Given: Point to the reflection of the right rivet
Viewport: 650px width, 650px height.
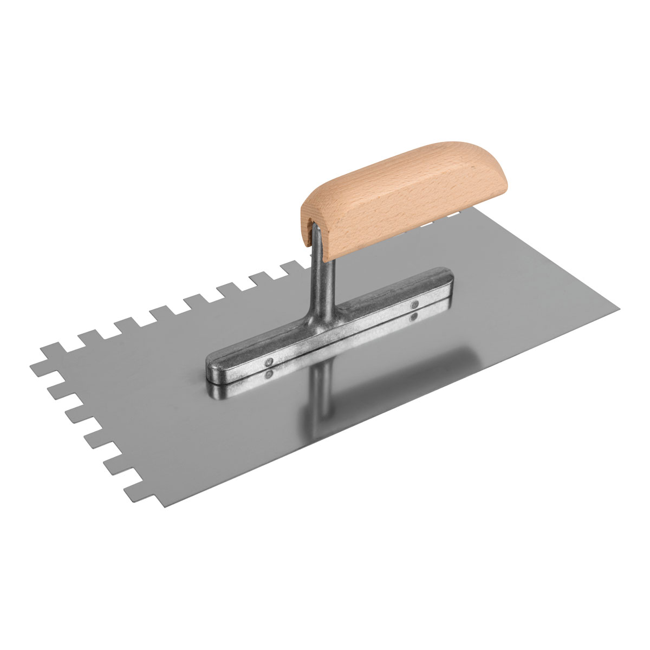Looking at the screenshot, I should pyautogui.click(x=415, y=315).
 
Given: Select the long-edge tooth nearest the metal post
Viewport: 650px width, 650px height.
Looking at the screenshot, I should pyautogui.click(x=292, y=267).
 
